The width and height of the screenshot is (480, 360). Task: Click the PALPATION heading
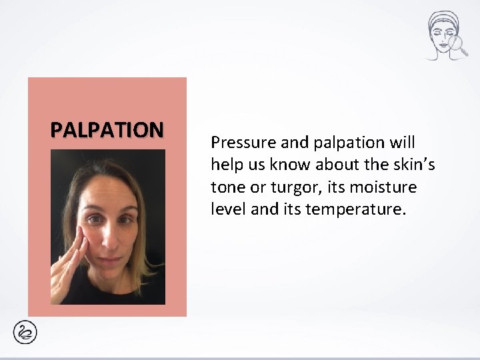pos(107,128)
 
